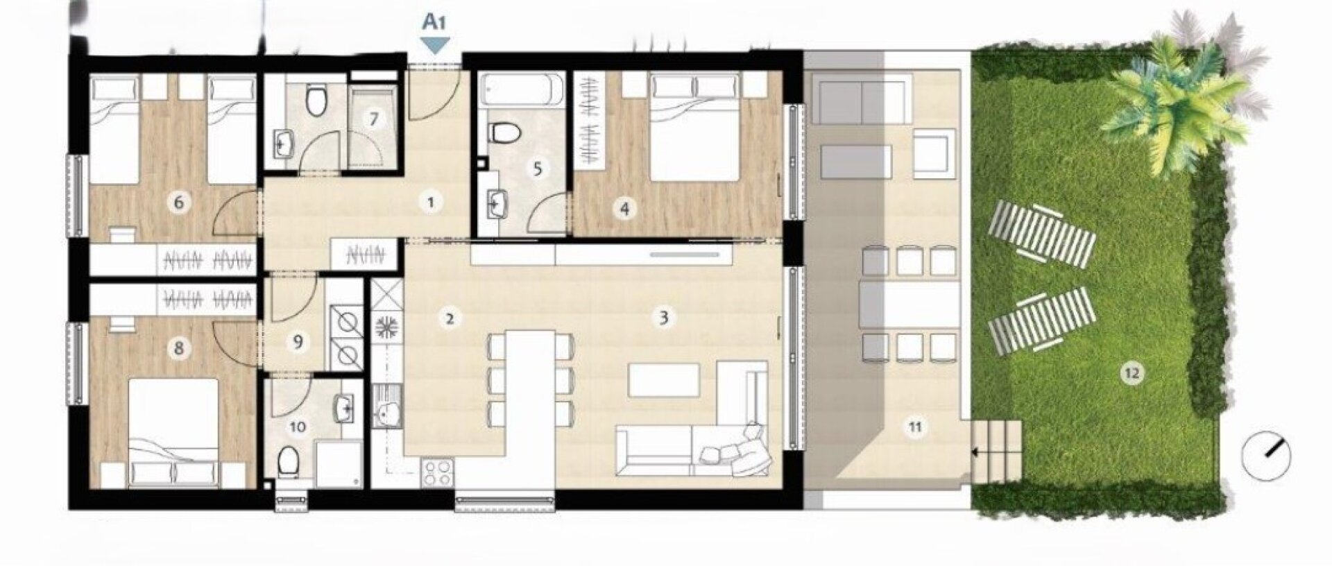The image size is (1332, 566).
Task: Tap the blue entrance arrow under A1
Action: click(435, 45)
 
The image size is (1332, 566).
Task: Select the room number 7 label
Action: click(374, 119)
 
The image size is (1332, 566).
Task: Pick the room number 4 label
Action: click(625, 208)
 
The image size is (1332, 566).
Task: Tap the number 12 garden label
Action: click(1132, 374)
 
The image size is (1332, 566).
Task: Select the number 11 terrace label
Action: click(915, 427)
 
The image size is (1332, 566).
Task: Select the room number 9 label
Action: click(298, 342)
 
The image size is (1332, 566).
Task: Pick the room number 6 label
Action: click(179, 203)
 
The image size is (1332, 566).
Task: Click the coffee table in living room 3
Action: click(664, 380)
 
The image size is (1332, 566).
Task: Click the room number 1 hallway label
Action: click(431, 203)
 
